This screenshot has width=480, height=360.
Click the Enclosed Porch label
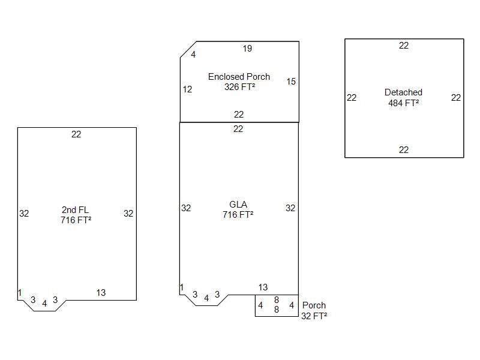[239, 77]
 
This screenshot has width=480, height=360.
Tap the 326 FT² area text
[239, 87]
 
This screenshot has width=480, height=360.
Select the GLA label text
[238, 204]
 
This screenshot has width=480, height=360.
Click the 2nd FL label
[76, 209]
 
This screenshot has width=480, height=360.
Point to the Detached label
[403, 92]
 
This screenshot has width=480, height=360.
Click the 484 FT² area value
[403, 103]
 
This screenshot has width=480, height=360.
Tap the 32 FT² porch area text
[314, 316]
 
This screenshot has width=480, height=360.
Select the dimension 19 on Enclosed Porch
[247, 49]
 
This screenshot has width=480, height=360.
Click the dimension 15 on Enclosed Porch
[291, 82]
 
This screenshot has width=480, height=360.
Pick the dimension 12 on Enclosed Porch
[187, 89]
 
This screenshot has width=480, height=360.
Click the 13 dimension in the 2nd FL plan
[101, 293]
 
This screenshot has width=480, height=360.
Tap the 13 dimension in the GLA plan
[263, 287]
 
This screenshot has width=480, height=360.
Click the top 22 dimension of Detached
[404, 46]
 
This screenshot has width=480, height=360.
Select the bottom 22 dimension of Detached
[404, 149]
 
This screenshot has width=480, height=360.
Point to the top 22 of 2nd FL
[76, 134]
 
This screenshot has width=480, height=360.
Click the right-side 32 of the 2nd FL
[128, 214]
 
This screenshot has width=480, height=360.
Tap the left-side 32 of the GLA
[186, 208]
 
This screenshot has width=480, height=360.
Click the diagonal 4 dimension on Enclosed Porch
[193, 55]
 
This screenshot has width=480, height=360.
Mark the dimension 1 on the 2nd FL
[20, 293]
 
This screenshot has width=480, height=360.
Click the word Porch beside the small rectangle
[314, 305]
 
